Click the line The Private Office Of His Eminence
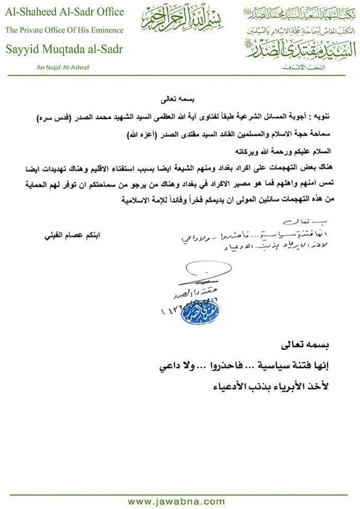64,30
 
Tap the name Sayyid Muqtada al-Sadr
64,49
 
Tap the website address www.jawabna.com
180,501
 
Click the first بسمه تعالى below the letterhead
180,99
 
